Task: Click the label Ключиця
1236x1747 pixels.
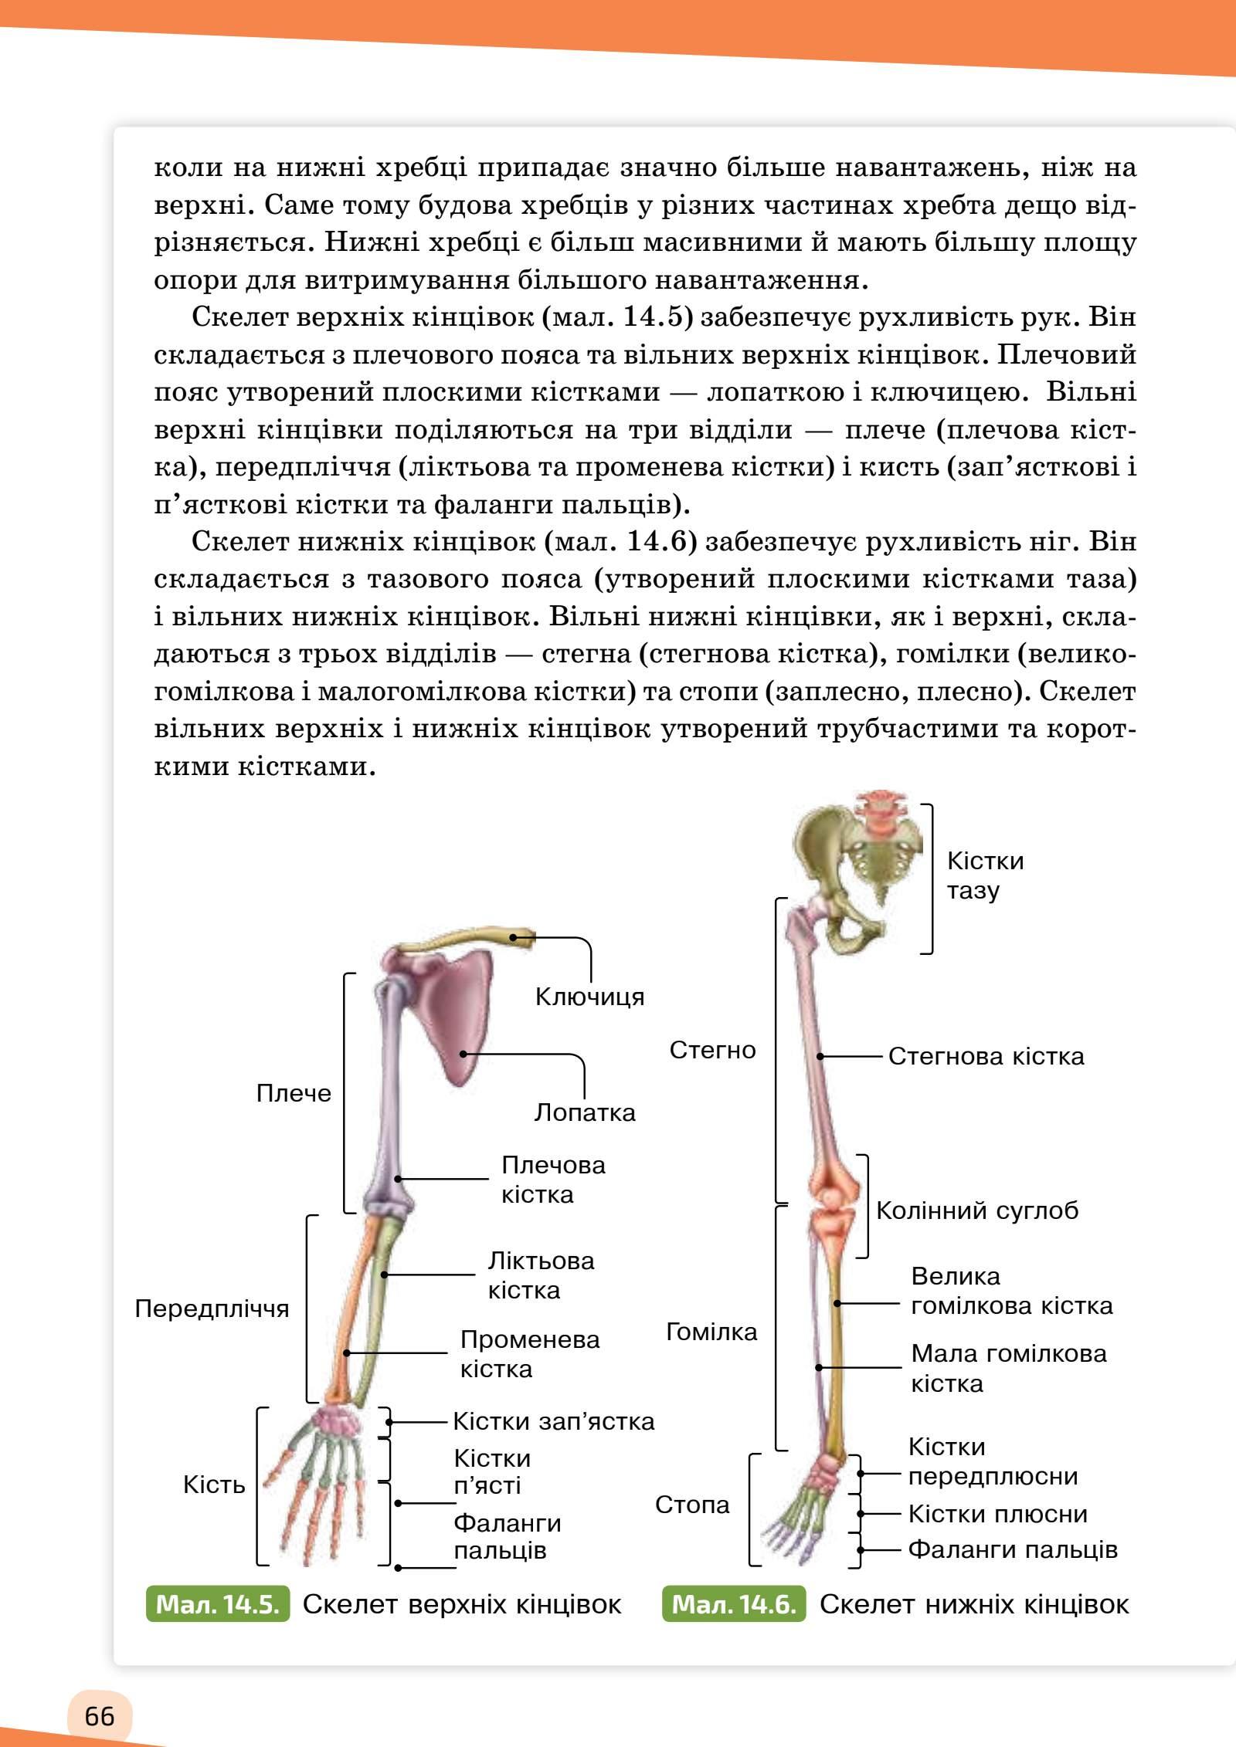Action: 589,997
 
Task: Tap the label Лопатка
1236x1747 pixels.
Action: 585,1112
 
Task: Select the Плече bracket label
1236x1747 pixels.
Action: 294,1093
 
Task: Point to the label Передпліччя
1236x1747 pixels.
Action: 212,1309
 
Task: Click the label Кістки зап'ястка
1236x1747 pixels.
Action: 553,1421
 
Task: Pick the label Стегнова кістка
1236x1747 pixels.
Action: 986,1056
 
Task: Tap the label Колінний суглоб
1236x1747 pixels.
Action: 976,1210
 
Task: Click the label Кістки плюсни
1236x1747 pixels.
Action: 997,1514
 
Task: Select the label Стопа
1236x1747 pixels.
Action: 692,1505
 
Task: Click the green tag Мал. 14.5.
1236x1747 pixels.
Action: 217,1604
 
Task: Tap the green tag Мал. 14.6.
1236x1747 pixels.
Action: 733,1604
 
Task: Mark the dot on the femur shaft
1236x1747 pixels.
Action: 820,1056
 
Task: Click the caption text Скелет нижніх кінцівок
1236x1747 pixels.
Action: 973,1604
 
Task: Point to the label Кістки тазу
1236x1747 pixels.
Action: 985,875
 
